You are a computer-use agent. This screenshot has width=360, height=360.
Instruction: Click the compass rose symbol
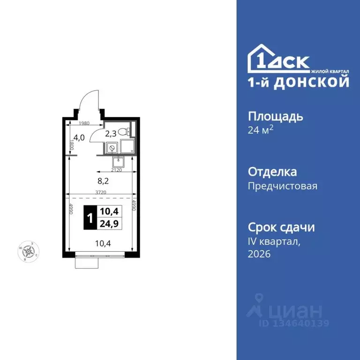pyautogui.click(x=29, y=252)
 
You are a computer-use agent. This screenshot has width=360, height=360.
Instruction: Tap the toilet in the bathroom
pyautogui.click(x=124, y=132)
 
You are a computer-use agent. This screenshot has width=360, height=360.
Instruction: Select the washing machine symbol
pyautogui.click(x=112, y=148)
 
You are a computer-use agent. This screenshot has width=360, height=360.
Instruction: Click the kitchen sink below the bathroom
pyautogui.click(x=120, y=162)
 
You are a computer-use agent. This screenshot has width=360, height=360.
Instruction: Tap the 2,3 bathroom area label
pyautogui.click(x=111, y=134)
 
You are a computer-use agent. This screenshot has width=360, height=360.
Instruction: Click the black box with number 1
pyautogui.click(x=90, y=217)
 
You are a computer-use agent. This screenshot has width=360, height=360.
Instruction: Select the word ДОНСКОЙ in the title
pyautogui.click(x=320, y=82)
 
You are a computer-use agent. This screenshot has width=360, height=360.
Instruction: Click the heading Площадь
pyautogui.click(x=275, y=116)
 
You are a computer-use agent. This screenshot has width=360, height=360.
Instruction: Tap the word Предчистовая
pyautogui.click(x=282, y=186)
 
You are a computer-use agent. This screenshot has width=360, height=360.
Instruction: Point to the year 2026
pyautogui.click(x=259, y=254)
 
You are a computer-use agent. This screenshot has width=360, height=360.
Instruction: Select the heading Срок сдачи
pyautogui.click(x=281, y=228)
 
